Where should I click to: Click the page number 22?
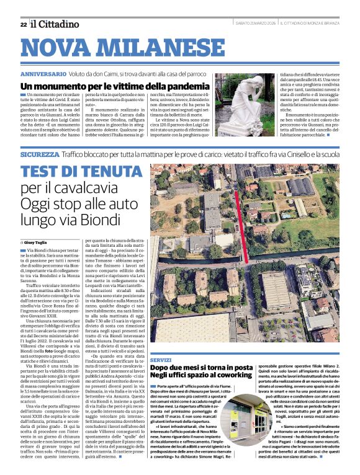pos(23,24)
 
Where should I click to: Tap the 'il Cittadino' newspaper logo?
pos(56,24)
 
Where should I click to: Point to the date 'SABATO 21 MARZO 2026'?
pos(255,24)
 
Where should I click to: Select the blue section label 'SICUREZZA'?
pos(40,154)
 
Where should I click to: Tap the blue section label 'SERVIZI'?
pos(161,360)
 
